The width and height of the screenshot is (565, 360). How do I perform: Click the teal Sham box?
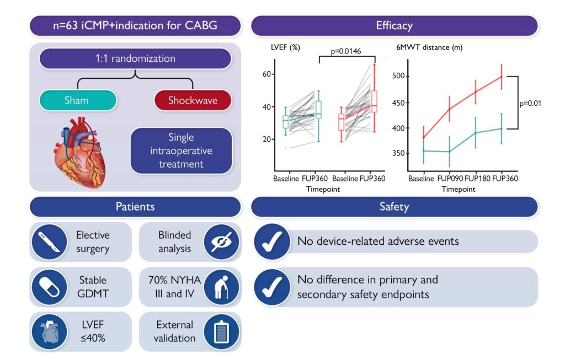78,100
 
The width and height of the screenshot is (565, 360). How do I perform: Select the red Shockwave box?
193,100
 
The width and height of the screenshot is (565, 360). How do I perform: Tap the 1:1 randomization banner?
135,58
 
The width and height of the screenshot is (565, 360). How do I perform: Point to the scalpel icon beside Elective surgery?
49,242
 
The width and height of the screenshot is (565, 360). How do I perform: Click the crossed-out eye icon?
221,242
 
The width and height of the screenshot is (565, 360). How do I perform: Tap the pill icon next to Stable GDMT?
49,287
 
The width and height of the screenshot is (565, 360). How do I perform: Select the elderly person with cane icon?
221,287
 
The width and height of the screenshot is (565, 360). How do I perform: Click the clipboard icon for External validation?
221,331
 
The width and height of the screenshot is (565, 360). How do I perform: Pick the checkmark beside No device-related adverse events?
272,241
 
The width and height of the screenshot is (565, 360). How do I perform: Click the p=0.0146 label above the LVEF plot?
346,51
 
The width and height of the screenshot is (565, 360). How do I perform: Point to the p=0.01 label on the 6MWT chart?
530,103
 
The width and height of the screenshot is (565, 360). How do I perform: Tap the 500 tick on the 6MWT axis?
398,76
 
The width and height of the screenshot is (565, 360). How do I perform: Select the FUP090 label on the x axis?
450,178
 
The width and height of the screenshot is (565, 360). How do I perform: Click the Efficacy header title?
394,25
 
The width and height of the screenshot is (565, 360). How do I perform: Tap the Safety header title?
394,207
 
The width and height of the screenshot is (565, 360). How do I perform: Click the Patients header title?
135,207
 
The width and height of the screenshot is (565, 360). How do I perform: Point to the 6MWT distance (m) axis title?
429,47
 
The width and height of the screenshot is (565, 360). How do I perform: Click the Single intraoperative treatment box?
181,151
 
